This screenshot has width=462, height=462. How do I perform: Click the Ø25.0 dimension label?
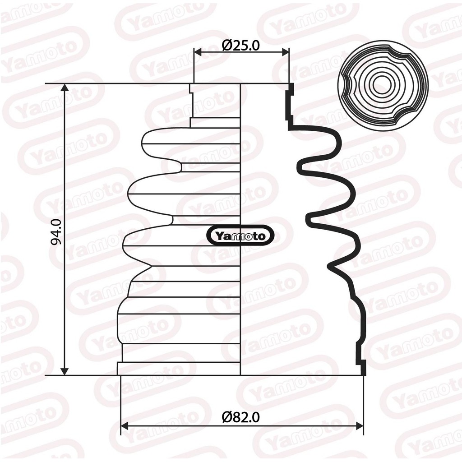click(x=241, y=45)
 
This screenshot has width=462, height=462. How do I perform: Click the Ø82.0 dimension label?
click(x=241, y=417)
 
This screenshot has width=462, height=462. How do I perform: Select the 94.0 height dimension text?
click(x=56, y=232)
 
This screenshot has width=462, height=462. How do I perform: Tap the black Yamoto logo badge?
click(x=240, y=236)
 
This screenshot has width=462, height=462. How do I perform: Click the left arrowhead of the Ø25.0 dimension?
click(x=198, y=52)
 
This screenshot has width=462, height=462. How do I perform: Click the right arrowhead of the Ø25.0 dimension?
click(x=285, y=52)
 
